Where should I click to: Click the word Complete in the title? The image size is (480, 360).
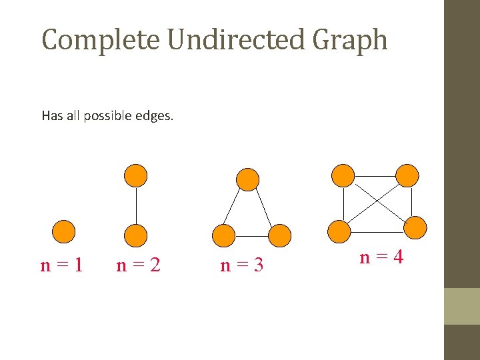pos(100,40)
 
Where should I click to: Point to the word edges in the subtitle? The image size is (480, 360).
pos(154,116)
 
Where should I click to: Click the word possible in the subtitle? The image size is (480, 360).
pos(111,117)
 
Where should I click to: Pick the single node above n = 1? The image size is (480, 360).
pos(64,231)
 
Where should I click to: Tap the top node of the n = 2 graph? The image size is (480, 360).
pos(136,175)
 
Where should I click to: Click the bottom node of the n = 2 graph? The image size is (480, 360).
pos(136,235)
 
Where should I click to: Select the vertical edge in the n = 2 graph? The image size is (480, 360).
pos(136,205)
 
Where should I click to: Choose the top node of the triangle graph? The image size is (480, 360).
pos(248,179)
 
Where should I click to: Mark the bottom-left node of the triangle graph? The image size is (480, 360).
pos(223,235)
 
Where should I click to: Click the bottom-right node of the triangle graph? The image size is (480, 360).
pos(281,235)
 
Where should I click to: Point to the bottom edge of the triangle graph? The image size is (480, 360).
pos(252,236)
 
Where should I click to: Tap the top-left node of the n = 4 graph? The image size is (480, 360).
pos(343,175)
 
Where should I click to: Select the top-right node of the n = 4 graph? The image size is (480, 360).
pos(407,175)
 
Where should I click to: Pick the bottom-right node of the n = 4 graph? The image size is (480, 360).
pos(415,228)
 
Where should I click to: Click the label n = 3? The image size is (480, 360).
pos(241,265)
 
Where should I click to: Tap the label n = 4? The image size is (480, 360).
pos(381,257)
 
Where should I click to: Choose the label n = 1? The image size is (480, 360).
pos(61,265)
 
